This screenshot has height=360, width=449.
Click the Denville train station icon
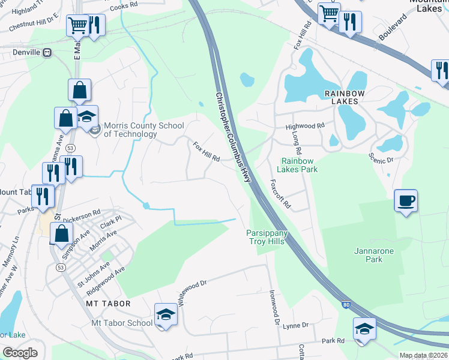pos(47,53)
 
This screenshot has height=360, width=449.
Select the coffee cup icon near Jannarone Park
pos(406,200)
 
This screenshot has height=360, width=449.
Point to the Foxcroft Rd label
pos(280,194)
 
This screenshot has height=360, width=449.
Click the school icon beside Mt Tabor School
pos(166,314)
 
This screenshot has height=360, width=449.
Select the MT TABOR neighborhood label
pos(108,304)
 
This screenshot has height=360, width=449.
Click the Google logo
pos(20,352)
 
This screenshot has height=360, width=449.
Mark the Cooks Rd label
pos(124,5)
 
